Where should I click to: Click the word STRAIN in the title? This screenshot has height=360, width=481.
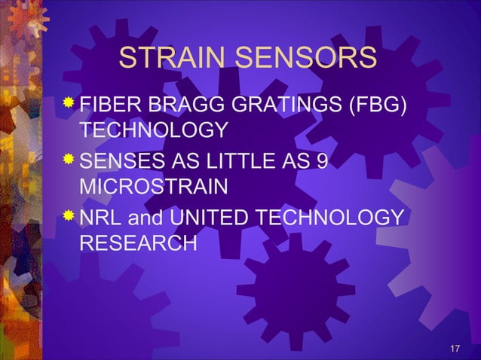[x=175, y=59]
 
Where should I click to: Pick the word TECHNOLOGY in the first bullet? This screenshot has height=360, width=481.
[x=154, y=130]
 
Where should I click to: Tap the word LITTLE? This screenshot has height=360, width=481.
[x=245, y=161]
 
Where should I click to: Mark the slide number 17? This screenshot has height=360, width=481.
[x=454, y=348]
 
